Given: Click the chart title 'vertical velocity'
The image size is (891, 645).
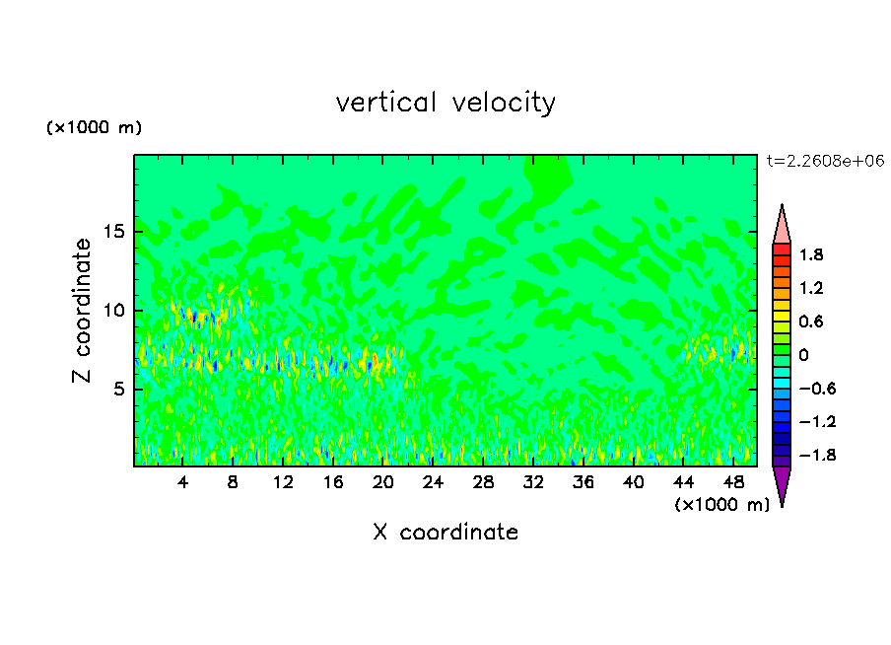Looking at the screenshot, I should (445, 103).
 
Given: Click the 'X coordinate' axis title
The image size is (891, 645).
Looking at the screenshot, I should (445, 533).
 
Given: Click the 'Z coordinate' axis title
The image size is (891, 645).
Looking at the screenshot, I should (84, 311).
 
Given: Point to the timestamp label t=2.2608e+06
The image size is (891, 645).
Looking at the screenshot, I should (825, 161).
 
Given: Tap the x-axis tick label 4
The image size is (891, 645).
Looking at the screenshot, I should (183, 482).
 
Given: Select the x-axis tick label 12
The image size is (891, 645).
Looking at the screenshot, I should (283, 482).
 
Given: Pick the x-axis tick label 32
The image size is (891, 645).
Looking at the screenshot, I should (533, 482).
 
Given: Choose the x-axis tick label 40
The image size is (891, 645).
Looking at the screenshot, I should (634, 482).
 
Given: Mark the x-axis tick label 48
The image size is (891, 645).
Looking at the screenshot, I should (733, 482).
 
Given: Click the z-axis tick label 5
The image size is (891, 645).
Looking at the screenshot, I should (116, 390).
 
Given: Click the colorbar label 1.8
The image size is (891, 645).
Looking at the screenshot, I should (811, 255).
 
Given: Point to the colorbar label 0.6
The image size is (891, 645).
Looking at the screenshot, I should (811, 322).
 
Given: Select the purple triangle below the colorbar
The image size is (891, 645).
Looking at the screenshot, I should (782, 484).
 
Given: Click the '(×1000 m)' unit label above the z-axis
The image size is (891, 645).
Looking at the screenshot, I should (95, 128).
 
